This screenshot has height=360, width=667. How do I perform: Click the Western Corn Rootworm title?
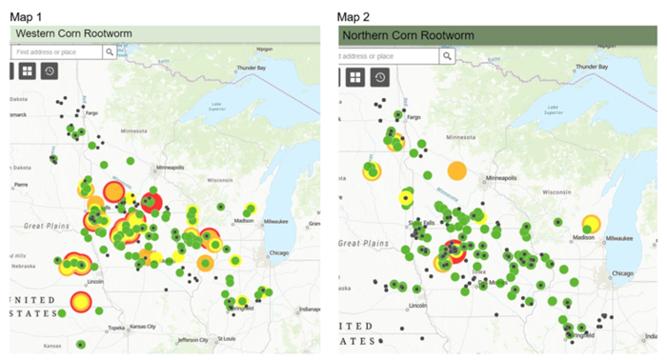click(72, 34)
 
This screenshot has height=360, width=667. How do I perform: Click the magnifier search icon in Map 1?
click(110, 52)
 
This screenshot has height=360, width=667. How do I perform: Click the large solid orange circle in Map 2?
click(456, 171)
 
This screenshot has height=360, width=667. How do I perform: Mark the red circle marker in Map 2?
click(455, 251)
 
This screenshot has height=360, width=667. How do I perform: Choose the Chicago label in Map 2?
click(623, 273)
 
